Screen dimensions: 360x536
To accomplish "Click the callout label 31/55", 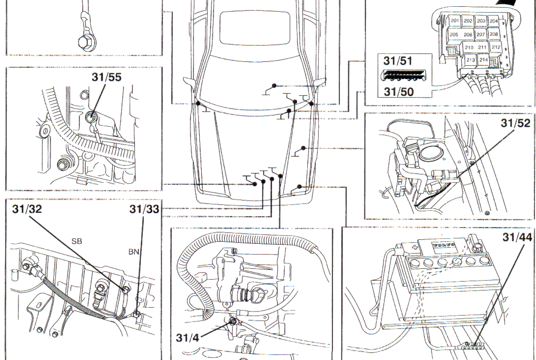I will pyautogui.click(x=107, y=77).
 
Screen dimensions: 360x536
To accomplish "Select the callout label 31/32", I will pyautogui.click(x=27, y=209).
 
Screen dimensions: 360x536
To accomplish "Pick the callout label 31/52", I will pyautogui.click(x=516, y=123).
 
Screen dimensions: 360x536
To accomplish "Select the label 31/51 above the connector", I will pyautogui.click(x=398, y=61).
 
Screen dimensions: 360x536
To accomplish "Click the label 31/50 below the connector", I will pyautogui.click(x=399, y=92).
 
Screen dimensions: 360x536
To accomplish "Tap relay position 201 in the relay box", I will pyautogui.click(x=455, y=21).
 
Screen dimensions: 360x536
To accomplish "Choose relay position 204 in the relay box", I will pyautogui.click(x=494, y=21).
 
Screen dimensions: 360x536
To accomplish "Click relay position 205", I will pyautogui.click(x=454, y=35).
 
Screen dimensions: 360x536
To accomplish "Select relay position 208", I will pyautogui.click(x=493, y=34).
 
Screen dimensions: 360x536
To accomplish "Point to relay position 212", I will pyautogui.click(x=496, y=47).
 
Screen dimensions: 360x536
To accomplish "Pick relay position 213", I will pyautogui.click(x=470, y=60).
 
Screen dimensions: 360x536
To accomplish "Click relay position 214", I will pyautogui.click(x=483, y=60).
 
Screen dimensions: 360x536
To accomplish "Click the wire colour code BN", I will pyautogui.click(x=133, y=252).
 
